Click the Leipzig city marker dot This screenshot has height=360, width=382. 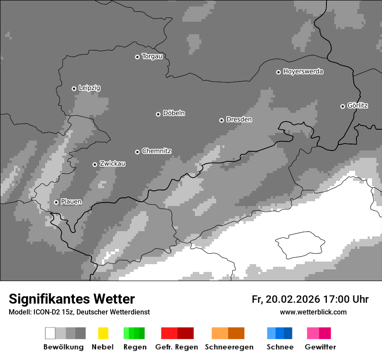[x=74, y=88]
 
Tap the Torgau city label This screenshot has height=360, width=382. [x=152, y=56]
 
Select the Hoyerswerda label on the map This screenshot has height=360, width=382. [x=303, y=72]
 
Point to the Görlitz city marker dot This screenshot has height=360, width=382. [x=342, y=106]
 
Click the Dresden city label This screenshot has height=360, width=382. [x=239, y=119]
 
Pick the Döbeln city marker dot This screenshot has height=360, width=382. [x=158, y=114]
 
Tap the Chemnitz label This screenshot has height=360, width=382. [x=156, y=151]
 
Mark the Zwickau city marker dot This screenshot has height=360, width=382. [x=95, y=164]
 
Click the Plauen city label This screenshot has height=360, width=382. [x=71, y=202]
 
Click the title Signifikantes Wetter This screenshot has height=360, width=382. [x=72, y=299]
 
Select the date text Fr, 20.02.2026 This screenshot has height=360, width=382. [x=286, y=299]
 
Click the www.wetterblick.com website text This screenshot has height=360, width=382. [x=313, y=312]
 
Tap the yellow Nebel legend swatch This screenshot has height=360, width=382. [x=103, y=333]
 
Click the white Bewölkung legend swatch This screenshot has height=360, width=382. [x=50, y=333]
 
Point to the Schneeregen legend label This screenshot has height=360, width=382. [x=229, y=347]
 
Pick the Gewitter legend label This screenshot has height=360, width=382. [x=320, y=347]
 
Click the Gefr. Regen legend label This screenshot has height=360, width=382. [x=176, y=347]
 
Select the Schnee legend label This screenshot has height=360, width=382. [x=280, y=347]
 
